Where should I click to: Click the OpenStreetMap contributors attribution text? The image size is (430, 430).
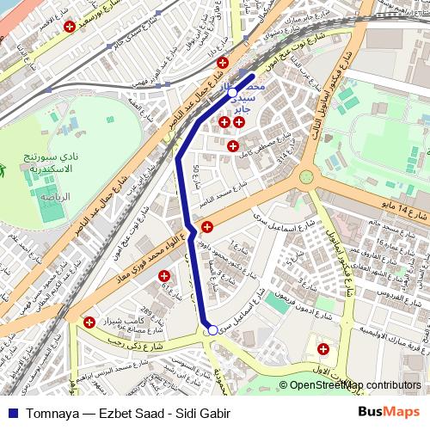[354, 386]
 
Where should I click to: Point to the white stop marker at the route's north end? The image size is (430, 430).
[233, 91]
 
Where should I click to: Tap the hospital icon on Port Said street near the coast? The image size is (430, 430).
[69, 27]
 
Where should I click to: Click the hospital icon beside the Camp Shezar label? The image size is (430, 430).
[89, 322]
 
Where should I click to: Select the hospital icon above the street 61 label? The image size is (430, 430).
[224, 63]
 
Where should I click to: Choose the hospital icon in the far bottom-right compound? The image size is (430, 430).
[323, 349]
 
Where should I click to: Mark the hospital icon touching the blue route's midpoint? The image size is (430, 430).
[207, 226]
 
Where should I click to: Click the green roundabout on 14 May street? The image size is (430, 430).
[306, 177]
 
